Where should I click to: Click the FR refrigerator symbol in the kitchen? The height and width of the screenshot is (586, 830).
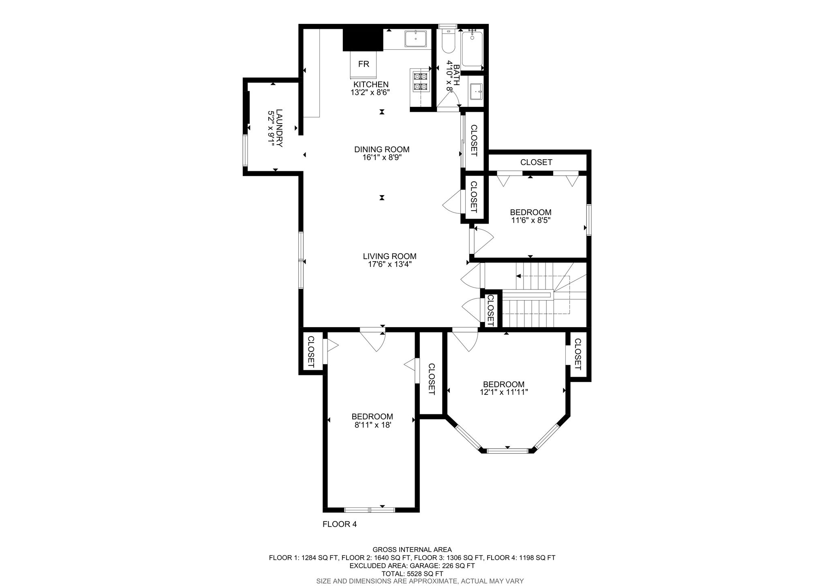coord(364,64)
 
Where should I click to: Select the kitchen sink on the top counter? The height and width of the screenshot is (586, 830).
coord(416,39)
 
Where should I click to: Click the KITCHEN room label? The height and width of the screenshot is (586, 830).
coord(371,84)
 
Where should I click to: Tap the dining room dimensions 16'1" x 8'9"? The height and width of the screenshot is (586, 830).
coord(382,158)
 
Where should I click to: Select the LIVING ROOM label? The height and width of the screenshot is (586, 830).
coord(389,256)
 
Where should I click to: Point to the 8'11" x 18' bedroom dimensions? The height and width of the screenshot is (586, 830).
coord(372,425)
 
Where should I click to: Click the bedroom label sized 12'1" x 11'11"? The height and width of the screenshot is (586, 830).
coord(503,384)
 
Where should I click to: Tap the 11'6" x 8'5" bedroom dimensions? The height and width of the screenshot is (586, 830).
coord(531,220)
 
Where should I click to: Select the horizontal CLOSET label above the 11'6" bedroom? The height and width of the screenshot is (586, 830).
coord(536,162)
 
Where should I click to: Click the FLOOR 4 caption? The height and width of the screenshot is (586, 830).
coord(339,524)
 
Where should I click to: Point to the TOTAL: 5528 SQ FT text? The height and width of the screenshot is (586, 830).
coord(412,573)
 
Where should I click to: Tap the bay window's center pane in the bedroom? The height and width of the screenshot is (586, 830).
coord(508,450)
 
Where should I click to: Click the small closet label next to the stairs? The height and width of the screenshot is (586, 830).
coord(490,310)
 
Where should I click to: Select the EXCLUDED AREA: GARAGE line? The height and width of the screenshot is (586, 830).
coord(412,565)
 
